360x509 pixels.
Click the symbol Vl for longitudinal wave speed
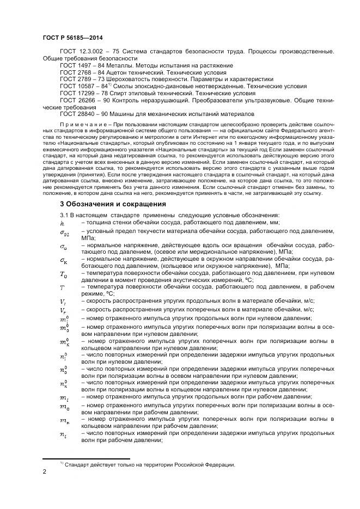[63, 302]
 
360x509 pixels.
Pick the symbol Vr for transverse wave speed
[63, 310]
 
